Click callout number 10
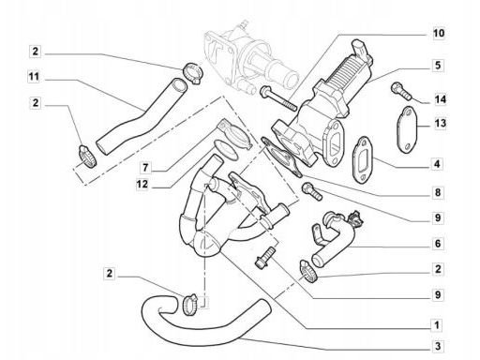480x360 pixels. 439,33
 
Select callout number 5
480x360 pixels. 438,66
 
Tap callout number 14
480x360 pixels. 440,99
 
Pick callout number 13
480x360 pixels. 440,123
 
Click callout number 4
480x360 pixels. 437,164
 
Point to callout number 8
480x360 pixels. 438,192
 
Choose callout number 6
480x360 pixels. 438,243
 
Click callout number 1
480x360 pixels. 437,325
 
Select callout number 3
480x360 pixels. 438,346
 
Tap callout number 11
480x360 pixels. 34,77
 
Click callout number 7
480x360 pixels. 145,168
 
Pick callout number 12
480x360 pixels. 142,184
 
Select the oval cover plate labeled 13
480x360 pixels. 407,129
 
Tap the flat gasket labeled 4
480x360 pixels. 362,159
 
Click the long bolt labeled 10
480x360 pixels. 277,98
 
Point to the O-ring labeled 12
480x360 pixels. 226,150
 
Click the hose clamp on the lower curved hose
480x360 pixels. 189,304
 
